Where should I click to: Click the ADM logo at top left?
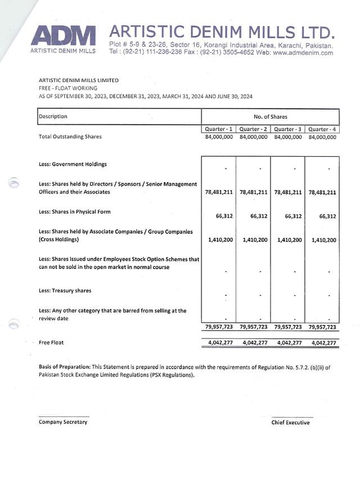(x=64, y=36)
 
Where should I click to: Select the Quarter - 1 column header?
(x=219, y=129)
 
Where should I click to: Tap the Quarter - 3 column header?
(x=288, y=129)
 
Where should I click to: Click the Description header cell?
(x=53, y=116)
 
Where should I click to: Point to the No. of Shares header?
(x=270, y=117)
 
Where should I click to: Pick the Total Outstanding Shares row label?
(x=70, y=137)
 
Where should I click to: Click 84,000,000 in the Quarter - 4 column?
(x=322, y=137)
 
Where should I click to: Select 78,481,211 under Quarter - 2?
(x=253, y=192)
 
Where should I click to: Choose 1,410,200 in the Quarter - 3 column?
(x=288, y=240)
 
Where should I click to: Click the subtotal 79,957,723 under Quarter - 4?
(x=322, y=327)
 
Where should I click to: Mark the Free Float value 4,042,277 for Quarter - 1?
(x=219, y=342)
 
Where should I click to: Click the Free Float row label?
(x=51, y=342)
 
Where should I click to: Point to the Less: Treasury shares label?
(x=65, y=291)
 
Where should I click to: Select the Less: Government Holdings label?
(x=73, y=164)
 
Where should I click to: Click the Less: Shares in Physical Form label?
(x=75, y=212)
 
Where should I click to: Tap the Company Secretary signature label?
(x=63, y=422)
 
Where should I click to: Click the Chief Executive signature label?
(x=290, y=422)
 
